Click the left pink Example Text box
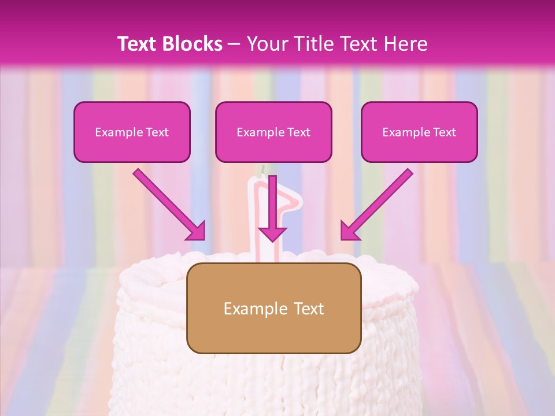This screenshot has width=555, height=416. pos(132,132)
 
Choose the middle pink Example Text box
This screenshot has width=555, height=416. pos(273,132)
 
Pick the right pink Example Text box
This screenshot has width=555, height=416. pos(419,132)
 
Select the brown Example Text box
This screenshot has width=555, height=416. pos(273,308)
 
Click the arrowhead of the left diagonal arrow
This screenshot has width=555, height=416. pos(196,231)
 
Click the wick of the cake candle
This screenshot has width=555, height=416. pos(261,170)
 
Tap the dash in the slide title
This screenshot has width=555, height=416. pos(234,44)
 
